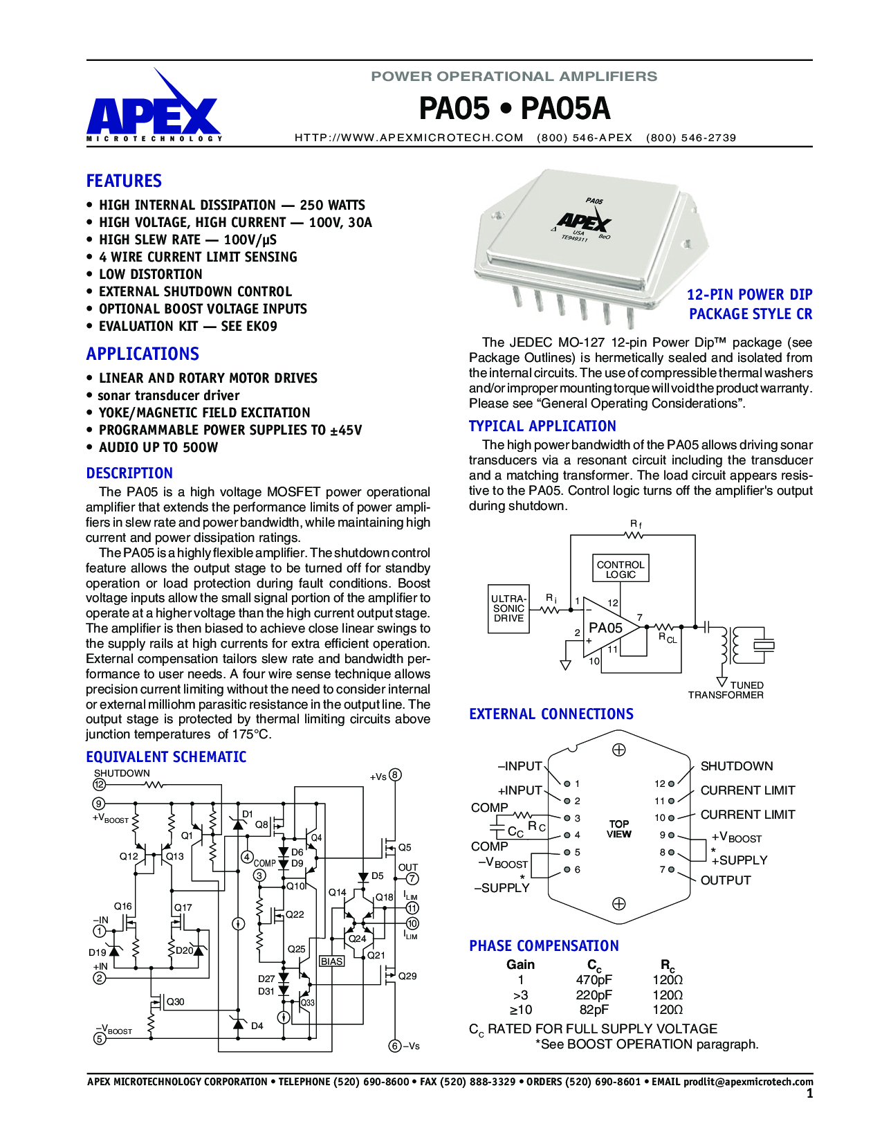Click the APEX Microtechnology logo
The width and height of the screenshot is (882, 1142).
154,111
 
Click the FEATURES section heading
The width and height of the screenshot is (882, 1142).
124,181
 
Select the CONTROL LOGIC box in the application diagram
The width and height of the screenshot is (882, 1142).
621,569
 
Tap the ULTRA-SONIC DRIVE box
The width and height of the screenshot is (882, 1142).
508,608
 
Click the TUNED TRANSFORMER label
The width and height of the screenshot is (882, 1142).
726,690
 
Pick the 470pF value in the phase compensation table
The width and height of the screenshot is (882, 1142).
594,980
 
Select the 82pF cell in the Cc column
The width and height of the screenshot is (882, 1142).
594,1010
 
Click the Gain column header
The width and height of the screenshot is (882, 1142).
520,965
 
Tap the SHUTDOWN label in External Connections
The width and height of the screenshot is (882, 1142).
737,766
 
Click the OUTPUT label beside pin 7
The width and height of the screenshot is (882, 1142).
726,880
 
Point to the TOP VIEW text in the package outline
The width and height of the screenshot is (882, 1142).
619,829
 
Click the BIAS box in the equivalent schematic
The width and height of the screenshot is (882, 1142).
332,961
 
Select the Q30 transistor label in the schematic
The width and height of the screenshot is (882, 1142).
175,1001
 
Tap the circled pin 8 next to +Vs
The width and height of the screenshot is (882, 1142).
395,775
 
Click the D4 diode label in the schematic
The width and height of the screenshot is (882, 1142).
257,1026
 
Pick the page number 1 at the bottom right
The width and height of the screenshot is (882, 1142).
809,1094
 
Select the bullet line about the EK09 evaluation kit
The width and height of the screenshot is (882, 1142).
187,327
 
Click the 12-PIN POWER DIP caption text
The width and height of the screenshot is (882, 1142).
749,295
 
